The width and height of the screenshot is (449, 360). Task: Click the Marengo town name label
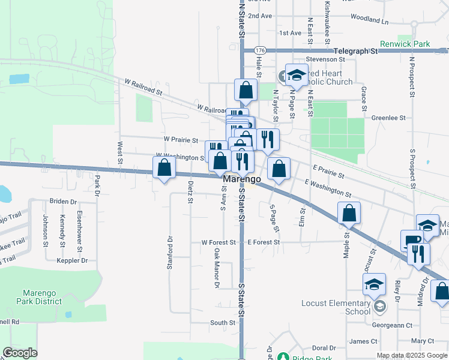242,179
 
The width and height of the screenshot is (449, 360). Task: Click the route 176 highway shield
259,50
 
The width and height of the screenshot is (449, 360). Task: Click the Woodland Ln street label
369,20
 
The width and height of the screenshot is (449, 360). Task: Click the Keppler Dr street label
72,260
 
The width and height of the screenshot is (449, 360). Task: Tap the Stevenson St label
325,59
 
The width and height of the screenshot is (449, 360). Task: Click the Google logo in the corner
20,353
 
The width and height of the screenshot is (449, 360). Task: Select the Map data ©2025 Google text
412,355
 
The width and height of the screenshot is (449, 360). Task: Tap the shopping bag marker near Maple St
349,213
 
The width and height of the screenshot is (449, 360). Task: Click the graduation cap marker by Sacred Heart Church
296,75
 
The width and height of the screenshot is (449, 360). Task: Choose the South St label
223,323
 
